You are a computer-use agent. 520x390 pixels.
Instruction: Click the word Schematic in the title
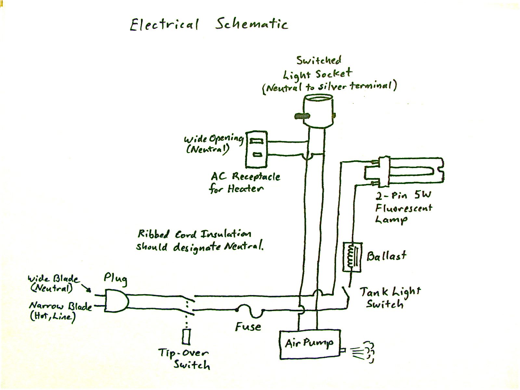pos(251,24)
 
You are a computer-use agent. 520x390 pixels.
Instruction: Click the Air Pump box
pos(310,344)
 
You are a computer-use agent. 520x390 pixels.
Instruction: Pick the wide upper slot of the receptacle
pos(257,141)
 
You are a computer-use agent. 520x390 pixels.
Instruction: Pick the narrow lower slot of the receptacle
pos(258,155)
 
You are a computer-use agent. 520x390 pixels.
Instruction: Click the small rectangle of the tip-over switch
pos(186,337)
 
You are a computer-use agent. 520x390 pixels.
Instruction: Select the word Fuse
pos(248,327)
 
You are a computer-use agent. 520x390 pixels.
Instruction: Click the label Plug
pos(115,279)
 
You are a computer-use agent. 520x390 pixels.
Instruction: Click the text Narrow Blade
pos(60,306)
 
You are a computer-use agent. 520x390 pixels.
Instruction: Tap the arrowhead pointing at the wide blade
pos(88,290)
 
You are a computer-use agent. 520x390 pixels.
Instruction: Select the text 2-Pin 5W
pos(403,196)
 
